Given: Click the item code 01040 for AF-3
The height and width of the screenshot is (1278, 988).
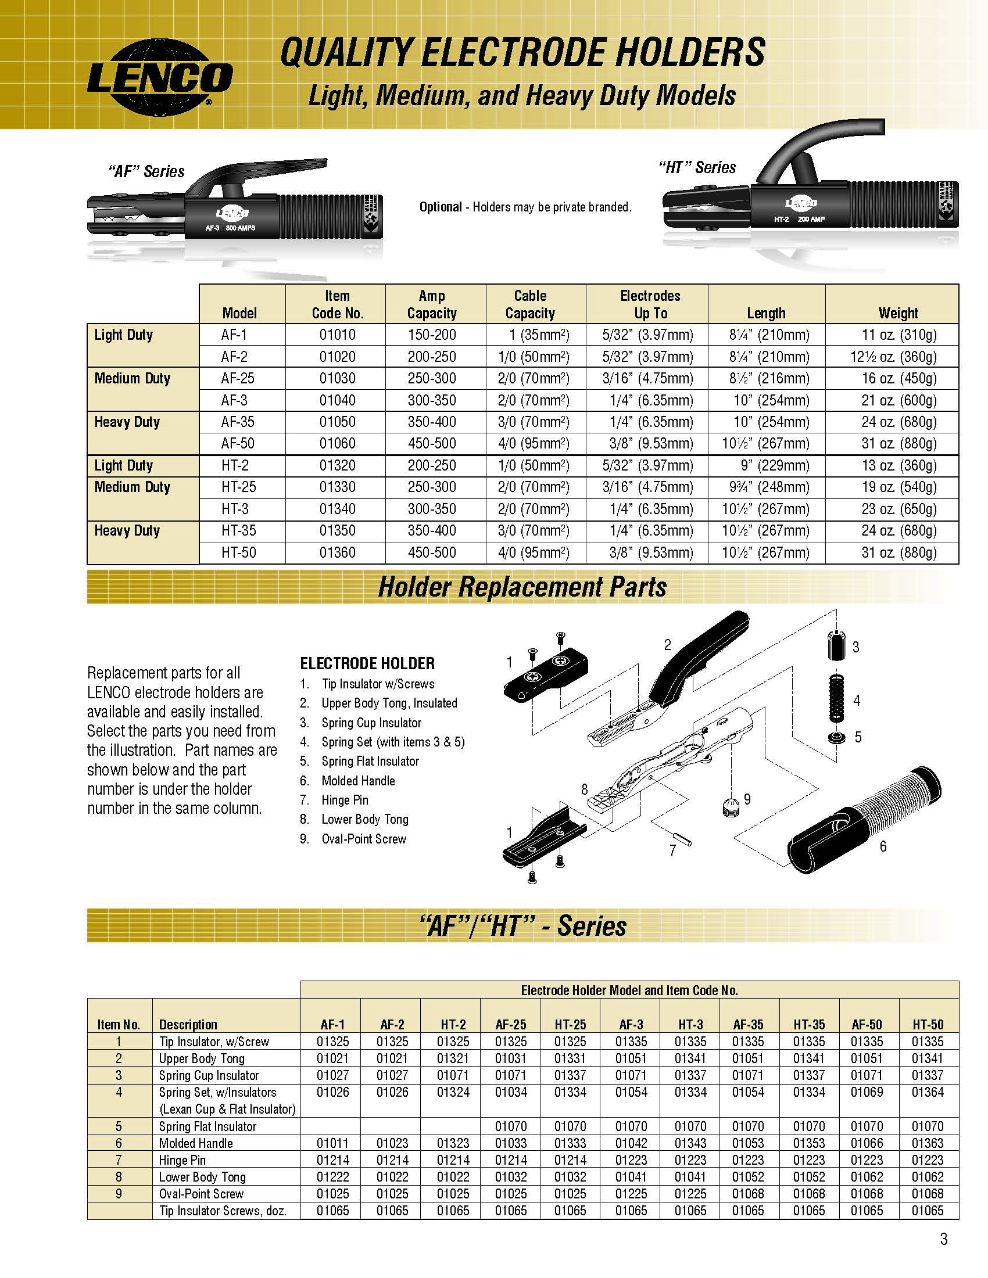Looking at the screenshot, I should tap(337, 401).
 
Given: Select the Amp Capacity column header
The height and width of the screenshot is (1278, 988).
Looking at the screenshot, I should tap(432, 304).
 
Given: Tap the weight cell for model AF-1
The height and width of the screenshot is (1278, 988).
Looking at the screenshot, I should tap(898, 335).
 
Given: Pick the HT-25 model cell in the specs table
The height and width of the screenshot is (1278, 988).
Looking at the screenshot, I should tap(239, 487).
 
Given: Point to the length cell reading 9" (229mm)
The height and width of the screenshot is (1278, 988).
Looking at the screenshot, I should tap(766, 466).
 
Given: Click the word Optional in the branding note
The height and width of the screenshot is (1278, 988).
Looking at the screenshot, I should tap(440, 207).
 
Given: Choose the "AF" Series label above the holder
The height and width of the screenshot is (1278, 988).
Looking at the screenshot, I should tap(146, 171).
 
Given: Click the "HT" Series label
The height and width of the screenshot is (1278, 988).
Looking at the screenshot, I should tap(696, 167).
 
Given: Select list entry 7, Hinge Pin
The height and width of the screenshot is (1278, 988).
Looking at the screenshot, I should tap(344, 800).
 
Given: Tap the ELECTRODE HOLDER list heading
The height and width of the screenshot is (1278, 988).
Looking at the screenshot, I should tap(367, 663).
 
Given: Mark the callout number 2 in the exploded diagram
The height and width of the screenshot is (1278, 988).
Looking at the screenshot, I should tap(667, 645).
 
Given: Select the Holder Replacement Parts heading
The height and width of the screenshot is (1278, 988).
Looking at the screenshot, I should tap(522, 587).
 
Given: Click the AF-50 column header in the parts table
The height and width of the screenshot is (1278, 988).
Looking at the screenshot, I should tap(867, 1025).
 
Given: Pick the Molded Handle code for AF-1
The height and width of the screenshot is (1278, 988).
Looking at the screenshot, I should tap(332, 1143).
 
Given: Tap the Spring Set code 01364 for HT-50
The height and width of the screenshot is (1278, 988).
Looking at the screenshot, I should tap(928, 1093).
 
